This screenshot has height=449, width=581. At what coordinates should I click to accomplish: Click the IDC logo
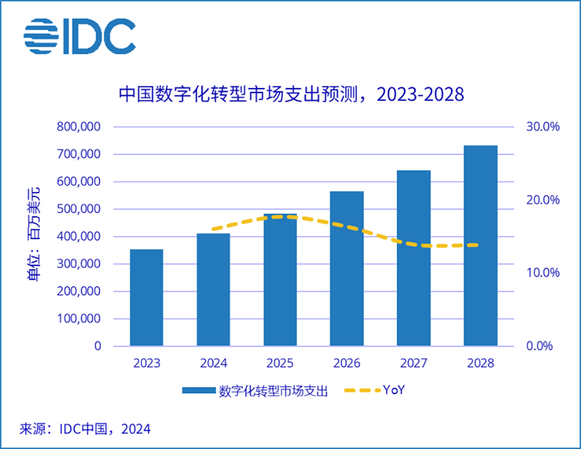(x=79, y=36)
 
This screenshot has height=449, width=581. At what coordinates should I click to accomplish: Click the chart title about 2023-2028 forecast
(x=290, y=94)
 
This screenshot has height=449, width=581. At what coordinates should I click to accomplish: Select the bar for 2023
(x=146, y=298)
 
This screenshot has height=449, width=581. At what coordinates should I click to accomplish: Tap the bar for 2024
(x=213, y=290)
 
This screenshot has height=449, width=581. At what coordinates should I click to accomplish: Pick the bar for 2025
(x=280, y=282)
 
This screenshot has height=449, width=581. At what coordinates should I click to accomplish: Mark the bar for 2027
(x=413, y=258)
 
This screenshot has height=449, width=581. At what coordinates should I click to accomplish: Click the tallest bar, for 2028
(x=480, y=246)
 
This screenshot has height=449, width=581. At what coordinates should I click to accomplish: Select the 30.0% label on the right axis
(x=543, y=127)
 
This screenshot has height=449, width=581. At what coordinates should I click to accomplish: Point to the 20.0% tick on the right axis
(x=543, y=200)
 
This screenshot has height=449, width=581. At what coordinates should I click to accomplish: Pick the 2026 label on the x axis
(x=346, y=364)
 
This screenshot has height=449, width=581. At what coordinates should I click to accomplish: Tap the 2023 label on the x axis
(x=146, y=364)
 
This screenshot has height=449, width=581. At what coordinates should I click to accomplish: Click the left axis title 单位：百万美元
(x=34, y=236)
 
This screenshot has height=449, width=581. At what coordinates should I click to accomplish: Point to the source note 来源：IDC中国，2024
(x=85, y=428)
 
